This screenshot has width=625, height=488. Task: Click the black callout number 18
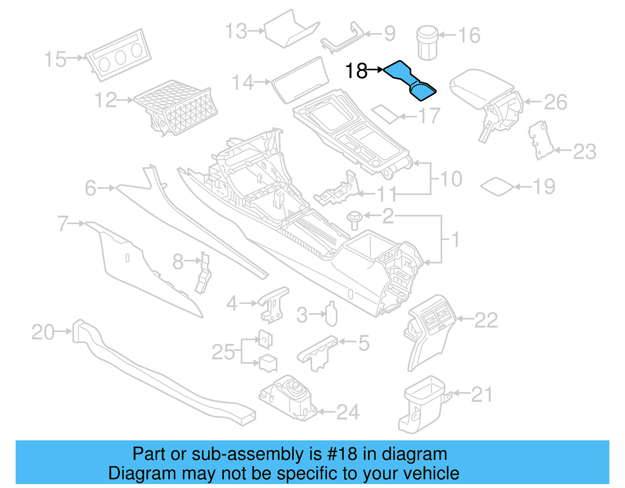pos(356,71)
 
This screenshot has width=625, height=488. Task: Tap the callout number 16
pos(469,36)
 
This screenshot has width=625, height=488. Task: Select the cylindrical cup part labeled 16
pos(427,43)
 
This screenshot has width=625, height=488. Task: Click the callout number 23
pos(585,152)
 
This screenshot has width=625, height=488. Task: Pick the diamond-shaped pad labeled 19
pos(496,186)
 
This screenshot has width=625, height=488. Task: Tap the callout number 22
pos(486,320)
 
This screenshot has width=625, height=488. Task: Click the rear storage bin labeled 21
pos(422,404)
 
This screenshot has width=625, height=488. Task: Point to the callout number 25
pos(223,352)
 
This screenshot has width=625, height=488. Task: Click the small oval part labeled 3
pos(331,315)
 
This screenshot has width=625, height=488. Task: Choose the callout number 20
pos(43,332)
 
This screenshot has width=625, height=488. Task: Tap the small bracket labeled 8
pos(204,273)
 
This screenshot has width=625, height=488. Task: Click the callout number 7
pos(63,223)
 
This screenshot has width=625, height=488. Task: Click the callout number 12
pos(105,100)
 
